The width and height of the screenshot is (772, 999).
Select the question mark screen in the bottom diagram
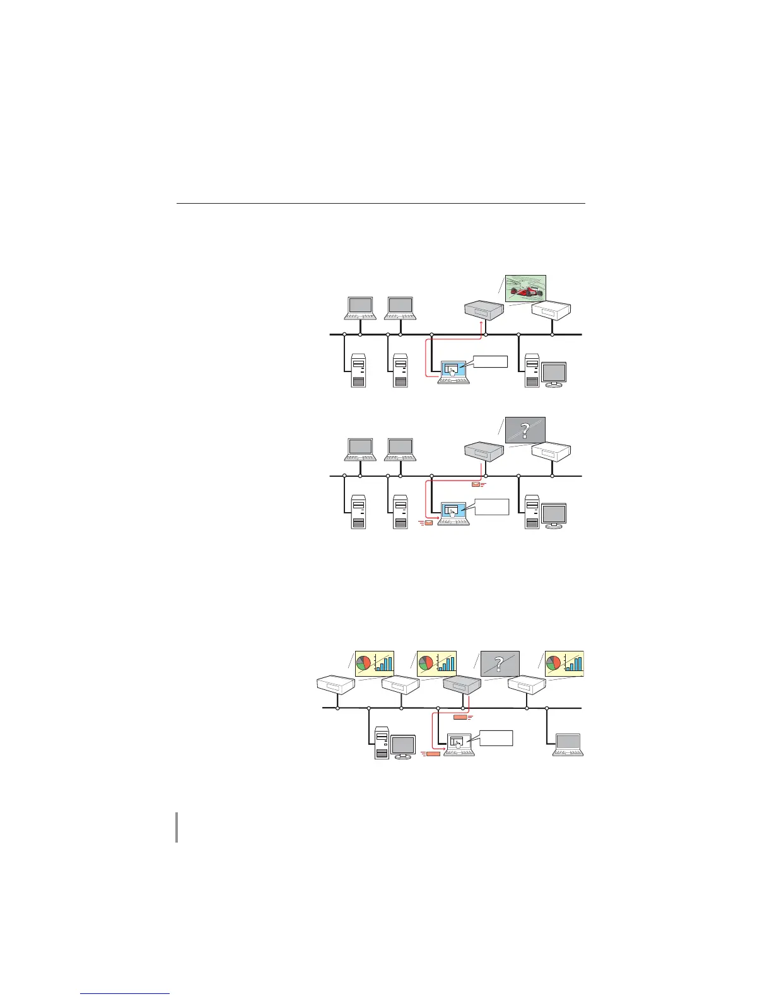(500, 664)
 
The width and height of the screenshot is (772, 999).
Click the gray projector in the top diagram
(483, 310)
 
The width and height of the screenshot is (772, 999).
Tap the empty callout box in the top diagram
(491, 361)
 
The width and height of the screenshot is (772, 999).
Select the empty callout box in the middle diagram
(491, 506)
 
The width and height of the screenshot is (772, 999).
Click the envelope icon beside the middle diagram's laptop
(428, 522)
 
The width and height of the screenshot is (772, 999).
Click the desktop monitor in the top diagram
(554, 375)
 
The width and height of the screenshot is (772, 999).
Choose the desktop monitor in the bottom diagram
(403, 747)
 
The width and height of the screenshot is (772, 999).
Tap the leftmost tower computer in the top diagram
(358, 371)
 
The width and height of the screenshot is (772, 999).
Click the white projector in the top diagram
(551, 310)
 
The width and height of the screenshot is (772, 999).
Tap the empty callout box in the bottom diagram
(496, 739)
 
